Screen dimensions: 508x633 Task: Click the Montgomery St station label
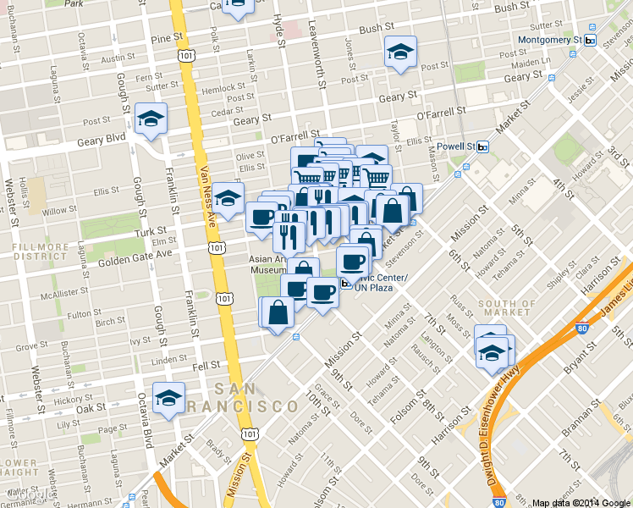549,40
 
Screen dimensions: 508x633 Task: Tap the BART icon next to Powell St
482,146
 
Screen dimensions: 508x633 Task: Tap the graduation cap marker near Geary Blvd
151,119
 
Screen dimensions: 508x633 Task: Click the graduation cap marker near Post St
400,52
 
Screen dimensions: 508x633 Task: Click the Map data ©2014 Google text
581,501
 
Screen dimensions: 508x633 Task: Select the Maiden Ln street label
531,62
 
